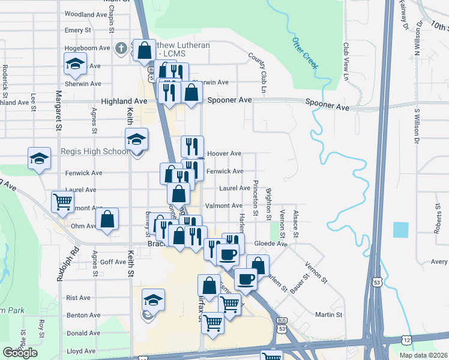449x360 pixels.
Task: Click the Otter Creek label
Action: pyautogui.click(x=305, y=53)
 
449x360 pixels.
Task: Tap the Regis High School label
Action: pyautogui.click(x=94, y=152)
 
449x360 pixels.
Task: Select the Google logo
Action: pyautogui.click(x=20, y=353)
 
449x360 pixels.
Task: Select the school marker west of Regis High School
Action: pyautogui.click(x=39, y=158)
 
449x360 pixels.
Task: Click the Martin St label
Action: pyautogui.click(x=328, y=314)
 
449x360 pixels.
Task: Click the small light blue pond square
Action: pyautogui.click(x=400, y=229)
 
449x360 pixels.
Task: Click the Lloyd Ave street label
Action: pyautogui.click(x=81, y=351)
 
